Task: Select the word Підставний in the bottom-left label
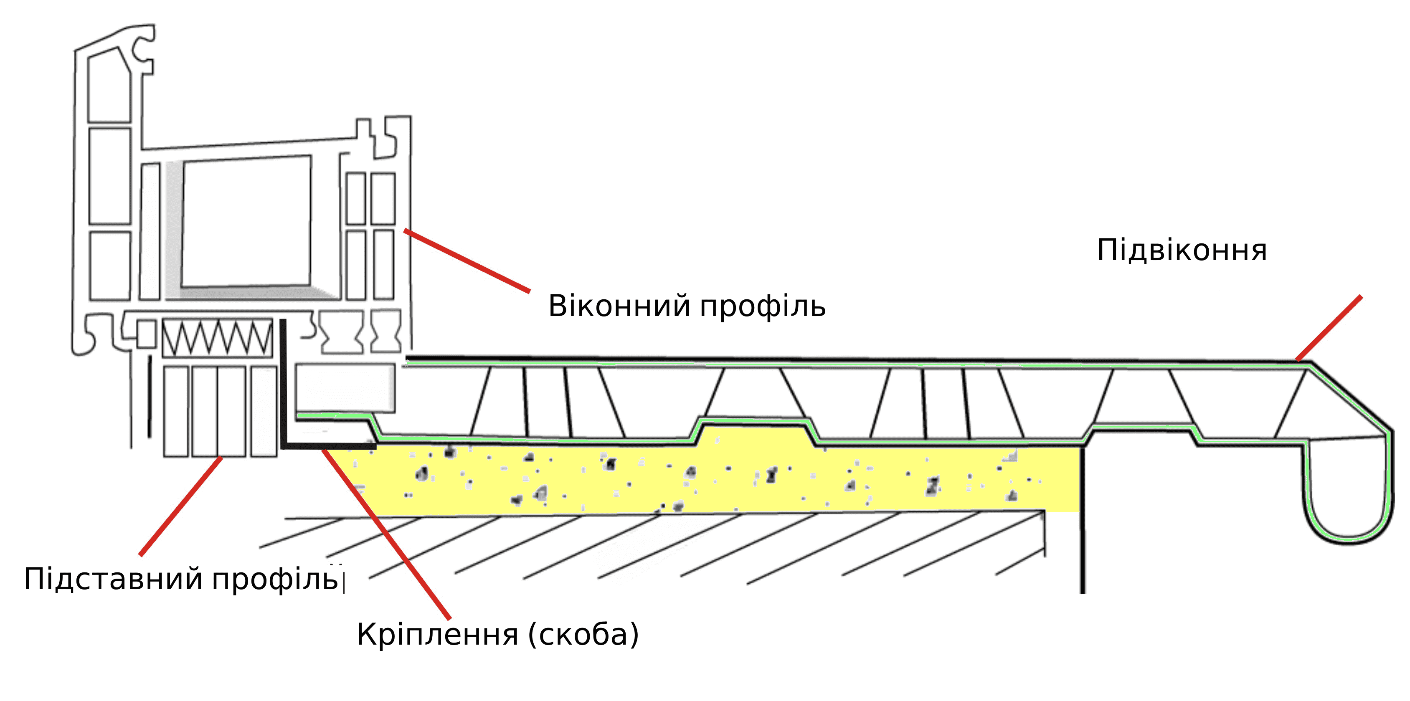[x=113, y=579]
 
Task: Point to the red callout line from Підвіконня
[x=1329, y=328]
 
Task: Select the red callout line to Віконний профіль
[x=467, y=261]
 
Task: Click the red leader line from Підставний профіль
[x=180, y=506]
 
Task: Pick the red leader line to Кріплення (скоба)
[x=386, y=534]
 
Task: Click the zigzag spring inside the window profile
[x=217, y=338]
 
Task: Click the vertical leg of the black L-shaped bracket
[x=284, y=383]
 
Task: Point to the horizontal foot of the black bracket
[x=328, y=446]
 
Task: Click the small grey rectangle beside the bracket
[x=345, y=387]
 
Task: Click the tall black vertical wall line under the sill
[x=1082, y=520]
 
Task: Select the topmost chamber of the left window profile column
[x=109, y=88]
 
